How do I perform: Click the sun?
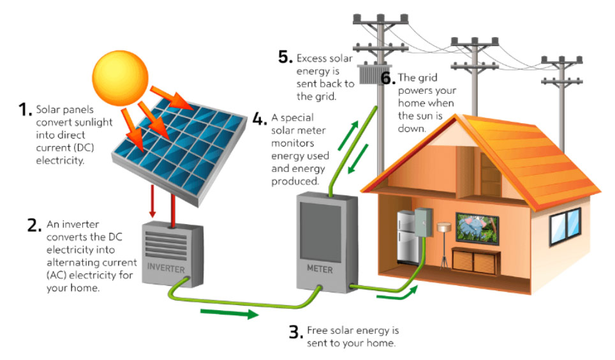[x=120, y=75]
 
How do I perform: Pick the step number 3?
[x=295, y=332]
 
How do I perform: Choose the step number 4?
[x=259, y=119]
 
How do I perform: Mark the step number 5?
[x=285, y=57]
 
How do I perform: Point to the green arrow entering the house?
[x=399, y=294]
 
